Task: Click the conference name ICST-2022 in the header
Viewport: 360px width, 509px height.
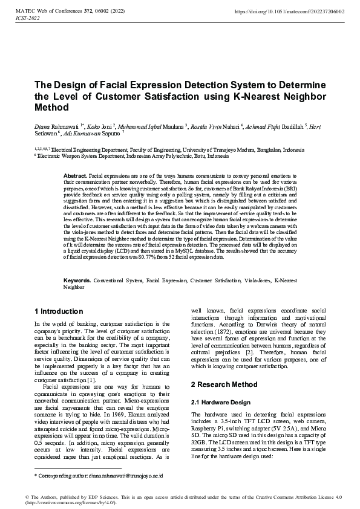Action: click(27, 19)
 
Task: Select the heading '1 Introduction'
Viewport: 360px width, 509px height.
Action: click(59, 311)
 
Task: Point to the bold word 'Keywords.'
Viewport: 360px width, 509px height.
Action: click(77, 282)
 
